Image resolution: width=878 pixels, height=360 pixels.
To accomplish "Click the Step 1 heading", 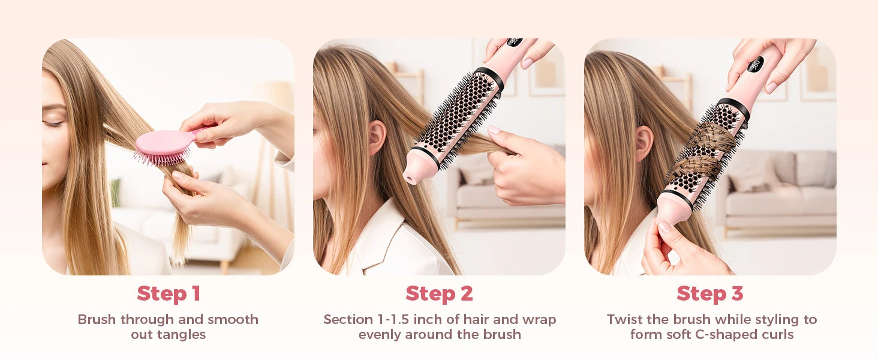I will click(168, 293).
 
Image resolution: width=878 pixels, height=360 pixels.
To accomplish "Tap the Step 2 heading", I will click(439, 293).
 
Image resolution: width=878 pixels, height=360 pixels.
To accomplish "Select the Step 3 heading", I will click(710, 293).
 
